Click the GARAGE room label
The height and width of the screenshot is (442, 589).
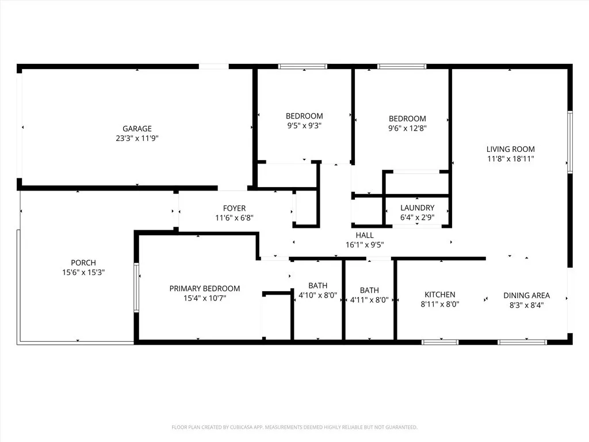(137, 129)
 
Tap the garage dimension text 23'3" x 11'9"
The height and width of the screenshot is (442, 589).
(137, 138)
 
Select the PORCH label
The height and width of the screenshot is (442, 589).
(83, 263)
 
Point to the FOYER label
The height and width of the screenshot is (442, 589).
(234, 208)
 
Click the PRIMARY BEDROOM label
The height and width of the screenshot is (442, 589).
(204, 288)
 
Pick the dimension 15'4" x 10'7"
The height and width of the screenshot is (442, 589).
(204, 298)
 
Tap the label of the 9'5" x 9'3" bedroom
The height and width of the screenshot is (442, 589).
(304, 116)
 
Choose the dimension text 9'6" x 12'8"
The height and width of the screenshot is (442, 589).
(407, 128)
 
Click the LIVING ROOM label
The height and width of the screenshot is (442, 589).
(510, 148)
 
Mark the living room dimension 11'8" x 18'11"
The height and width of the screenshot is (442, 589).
(510, 158)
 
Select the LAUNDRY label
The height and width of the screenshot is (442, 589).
(417, 208)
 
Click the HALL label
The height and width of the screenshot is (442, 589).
(364, 235)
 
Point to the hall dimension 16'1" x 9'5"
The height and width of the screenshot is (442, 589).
(364, 245)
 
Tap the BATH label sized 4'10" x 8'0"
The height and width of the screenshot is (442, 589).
(318, 285)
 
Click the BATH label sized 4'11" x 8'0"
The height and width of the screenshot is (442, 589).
(369, 291)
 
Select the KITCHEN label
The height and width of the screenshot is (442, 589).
(439, 295)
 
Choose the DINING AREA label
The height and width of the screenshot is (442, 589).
(526, 296)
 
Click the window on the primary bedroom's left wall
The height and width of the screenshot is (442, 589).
(136, 288)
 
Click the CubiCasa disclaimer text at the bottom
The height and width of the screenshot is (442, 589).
(294, 427)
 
